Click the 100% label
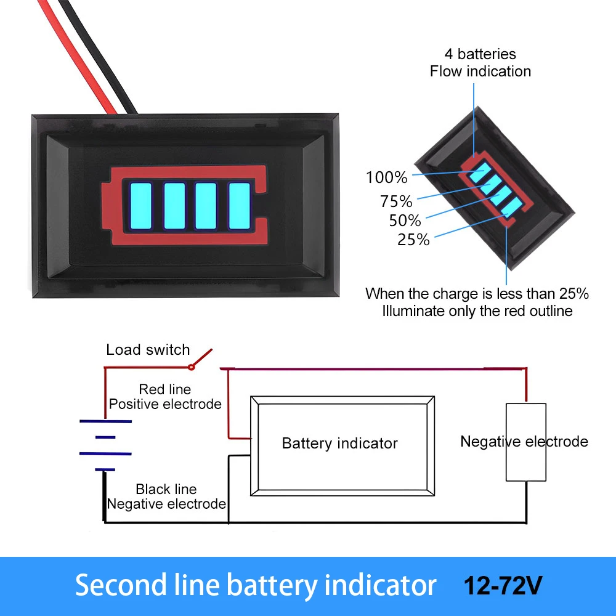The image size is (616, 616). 387,178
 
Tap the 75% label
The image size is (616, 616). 396,201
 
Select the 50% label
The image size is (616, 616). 405,221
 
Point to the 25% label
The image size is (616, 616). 413,240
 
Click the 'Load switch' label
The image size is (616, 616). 148,350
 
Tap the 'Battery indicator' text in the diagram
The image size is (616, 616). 339,444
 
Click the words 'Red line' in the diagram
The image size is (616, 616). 164,389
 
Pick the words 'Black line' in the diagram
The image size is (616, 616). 166,489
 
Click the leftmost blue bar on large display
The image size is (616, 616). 140,205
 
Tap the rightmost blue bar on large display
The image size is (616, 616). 239,205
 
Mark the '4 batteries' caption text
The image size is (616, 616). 480,54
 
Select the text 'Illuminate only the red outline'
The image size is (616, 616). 477,311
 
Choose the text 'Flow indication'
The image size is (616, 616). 480,71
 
